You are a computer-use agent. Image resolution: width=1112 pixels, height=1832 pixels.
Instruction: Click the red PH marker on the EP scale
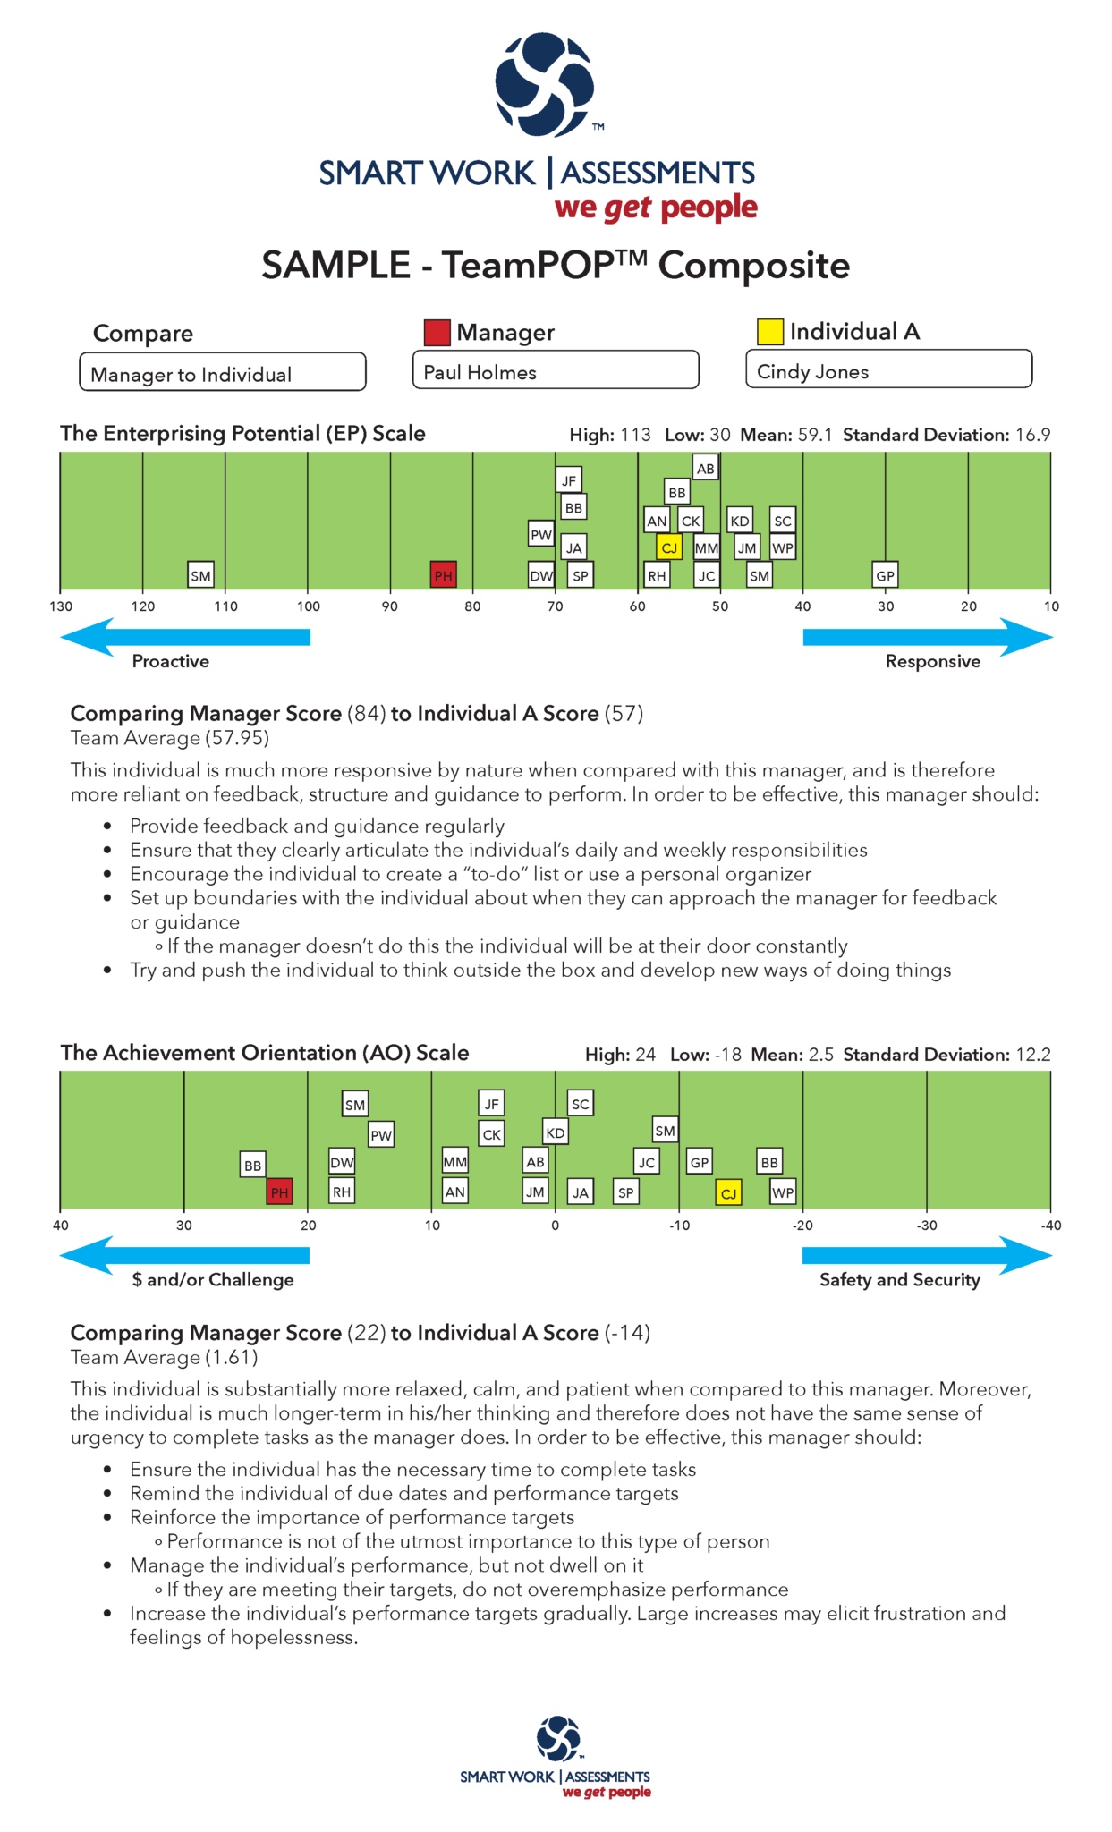tap(443, 575)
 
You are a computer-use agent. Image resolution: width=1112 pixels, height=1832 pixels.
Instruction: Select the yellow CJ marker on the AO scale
tap(728, 1192)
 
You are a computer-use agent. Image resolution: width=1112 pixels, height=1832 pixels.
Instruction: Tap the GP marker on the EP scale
tap(885, 575)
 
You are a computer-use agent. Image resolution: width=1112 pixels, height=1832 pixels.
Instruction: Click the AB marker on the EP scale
tap(705, 468)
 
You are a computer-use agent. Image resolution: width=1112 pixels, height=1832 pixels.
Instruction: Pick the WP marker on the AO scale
tap(783, 1192)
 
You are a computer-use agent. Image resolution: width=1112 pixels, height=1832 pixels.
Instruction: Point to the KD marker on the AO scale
tap(555, 1132)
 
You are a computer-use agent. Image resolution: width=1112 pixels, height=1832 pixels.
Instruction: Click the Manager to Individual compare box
tap(223, 372)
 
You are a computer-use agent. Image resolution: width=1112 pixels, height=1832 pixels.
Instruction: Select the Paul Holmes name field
tap(555, 370)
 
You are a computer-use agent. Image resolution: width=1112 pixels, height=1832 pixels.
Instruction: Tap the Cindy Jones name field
tap(888, 369)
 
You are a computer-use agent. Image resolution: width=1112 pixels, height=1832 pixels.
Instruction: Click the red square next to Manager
tap(437, 332)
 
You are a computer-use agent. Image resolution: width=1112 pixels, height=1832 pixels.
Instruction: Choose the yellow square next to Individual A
tap(769, 331)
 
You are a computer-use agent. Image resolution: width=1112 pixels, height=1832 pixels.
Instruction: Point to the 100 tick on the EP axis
tap(308, 606)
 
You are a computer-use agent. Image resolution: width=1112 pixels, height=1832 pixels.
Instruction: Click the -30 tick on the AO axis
tap(927, 1225)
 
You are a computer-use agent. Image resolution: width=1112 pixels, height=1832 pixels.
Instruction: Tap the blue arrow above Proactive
tap(185, 637)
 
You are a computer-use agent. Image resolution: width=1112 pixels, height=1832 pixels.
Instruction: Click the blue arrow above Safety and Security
tap(927, 1255)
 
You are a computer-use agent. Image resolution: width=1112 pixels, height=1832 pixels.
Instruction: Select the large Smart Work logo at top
tap(544, 85)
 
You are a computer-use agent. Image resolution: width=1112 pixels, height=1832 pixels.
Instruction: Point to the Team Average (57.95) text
tap(170, 738)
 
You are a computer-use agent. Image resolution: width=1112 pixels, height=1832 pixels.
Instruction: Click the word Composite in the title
tap(753, 266)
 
